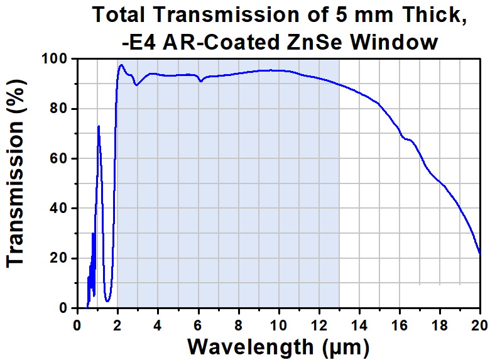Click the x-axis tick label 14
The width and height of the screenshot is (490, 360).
point(359,325)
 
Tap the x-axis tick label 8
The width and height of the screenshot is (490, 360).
point(239,325)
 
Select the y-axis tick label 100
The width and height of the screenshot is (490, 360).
point(55,58)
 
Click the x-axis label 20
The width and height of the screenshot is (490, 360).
point(480,325)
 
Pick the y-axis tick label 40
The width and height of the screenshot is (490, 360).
point(58,208)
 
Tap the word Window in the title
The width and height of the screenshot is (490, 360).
point(394,42)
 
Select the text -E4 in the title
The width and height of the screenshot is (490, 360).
point(139,42)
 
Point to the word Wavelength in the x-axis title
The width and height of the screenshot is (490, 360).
point(250,347)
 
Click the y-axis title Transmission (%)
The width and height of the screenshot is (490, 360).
point(15,173)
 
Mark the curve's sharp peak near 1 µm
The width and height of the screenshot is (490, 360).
point(99,126)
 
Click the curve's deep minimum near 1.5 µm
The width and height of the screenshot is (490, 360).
point(107,300)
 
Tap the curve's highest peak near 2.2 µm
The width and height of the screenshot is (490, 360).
point(121,65)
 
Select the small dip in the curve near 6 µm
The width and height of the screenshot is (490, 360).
point(201,81)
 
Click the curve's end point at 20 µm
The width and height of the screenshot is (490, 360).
point(480,254)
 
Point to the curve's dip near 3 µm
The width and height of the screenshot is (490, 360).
point(136,85)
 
